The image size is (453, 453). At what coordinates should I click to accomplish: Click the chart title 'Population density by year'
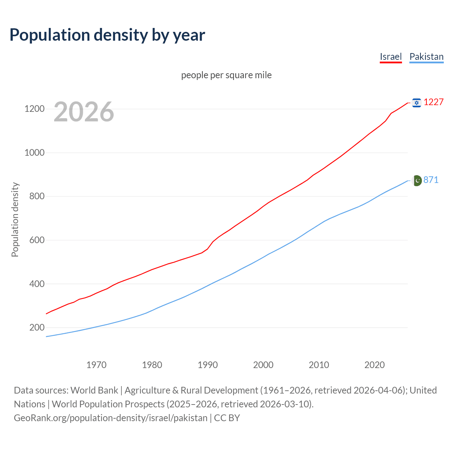[107, 35]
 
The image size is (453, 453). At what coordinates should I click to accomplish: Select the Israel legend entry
[391, 57]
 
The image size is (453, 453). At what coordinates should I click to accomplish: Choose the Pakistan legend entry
[426, 57]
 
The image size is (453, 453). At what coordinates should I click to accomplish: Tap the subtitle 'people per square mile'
[226, 75]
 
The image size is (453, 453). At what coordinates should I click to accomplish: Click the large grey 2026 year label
[84, 112]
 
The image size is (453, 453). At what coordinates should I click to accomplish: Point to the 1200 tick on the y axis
[34, 109]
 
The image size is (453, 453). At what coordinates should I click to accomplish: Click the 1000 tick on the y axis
[34, 153]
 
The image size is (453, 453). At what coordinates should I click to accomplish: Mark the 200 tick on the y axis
[37, 327]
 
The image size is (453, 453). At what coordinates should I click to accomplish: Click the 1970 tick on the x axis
[96, 365]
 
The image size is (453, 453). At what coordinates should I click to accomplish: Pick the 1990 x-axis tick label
[208, 365]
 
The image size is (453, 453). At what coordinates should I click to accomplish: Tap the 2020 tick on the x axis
[374, 365]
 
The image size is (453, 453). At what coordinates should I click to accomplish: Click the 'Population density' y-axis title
[15, 219]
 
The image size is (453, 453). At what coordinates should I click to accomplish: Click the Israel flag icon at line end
[417, 103]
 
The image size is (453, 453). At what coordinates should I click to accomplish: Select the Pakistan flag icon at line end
[417, 180]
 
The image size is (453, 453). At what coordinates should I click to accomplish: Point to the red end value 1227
[434, 102]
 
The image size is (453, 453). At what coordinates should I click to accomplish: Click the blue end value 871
[431, 180]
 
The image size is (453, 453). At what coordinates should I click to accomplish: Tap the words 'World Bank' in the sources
[94, 390]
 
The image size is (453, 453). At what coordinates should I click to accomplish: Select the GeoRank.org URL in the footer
[110, 418]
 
